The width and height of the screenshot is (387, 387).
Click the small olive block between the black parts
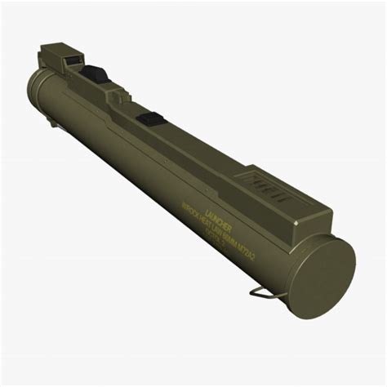(121, 96)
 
